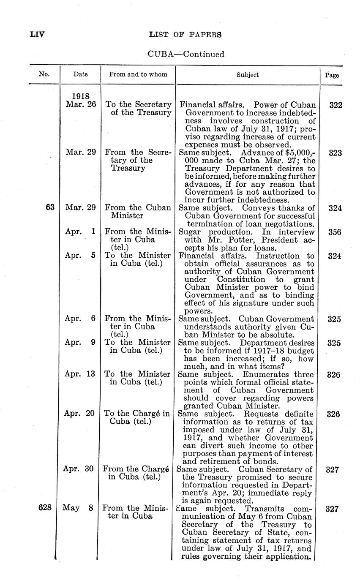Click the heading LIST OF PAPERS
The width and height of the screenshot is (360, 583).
coord(185,35)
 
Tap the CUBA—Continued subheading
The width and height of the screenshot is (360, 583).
coord(185,54)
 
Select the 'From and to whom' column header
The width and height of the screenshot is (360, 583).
coord(138,74)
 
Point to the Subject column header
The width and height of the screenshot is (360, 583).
coord(248,75)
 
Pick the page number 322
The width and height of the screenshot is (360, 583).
coord(335,105)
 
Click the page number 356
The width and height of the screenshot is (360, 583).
coord(335,232)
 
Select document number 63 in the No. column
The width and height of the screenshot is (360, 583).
coord(50,208)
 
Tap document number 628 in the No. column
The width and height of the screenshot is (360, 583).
coord(45,508)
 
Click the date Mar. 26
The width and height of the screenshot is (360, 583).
coord(81,104)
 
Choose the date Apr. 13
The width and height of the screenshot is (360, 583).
coord(79,374)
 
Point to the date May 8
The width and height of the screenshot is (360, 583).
coord(78,508)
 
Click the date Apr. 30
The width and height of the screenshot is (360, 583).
coord(79,469)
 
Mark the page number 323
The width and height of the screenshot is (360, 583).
coord(335,153)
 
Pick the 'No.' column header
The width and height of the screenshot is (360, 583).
coord(44,75)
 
